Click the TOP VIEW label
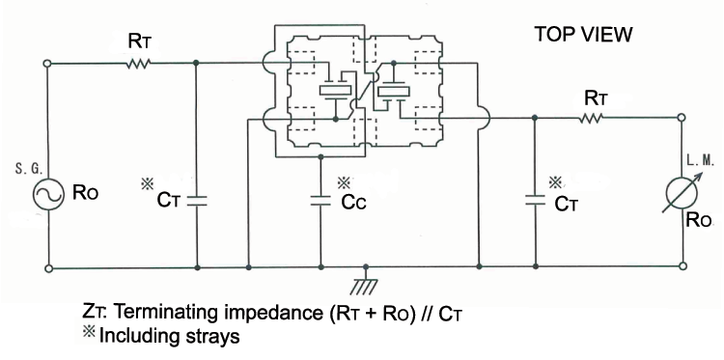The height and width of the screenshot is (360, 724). point(583,36)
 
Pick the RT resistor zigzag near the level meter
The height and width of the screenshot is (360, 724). point(592,118)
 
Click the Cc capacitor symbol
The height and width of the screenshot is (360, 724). point(320,203)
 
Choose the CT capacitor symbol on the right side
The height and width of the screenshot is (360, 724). point(534,202)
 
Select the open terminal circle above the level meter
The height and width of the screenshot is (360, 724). point(682,119)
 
